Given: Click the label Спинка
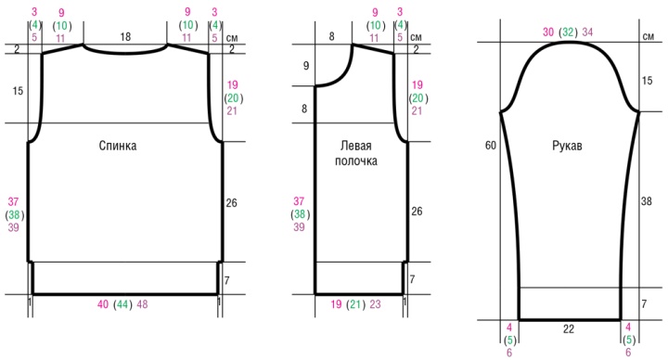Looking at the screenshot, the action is pos(118,146).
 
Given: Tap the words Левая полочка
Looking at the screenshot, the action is pos(355,153).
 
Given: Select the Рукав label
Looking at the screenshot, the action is pos(567,146).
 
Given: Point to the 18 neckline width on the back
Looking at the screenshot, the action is pos(125,36).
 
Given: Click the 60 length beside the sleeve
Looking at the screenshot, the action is pos(491,146).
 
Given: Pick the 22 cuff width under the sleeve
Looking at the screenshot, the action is pos(569,328).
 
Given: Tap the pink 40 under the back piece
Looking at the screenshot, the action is pos(103,304).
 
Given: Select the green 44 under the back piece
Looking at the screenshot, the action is pos(122,304).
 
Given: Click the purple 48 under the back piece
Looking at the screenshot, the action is pos(142,304).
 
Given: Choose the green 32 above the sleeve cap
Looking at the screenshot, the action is pos(568,32).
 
